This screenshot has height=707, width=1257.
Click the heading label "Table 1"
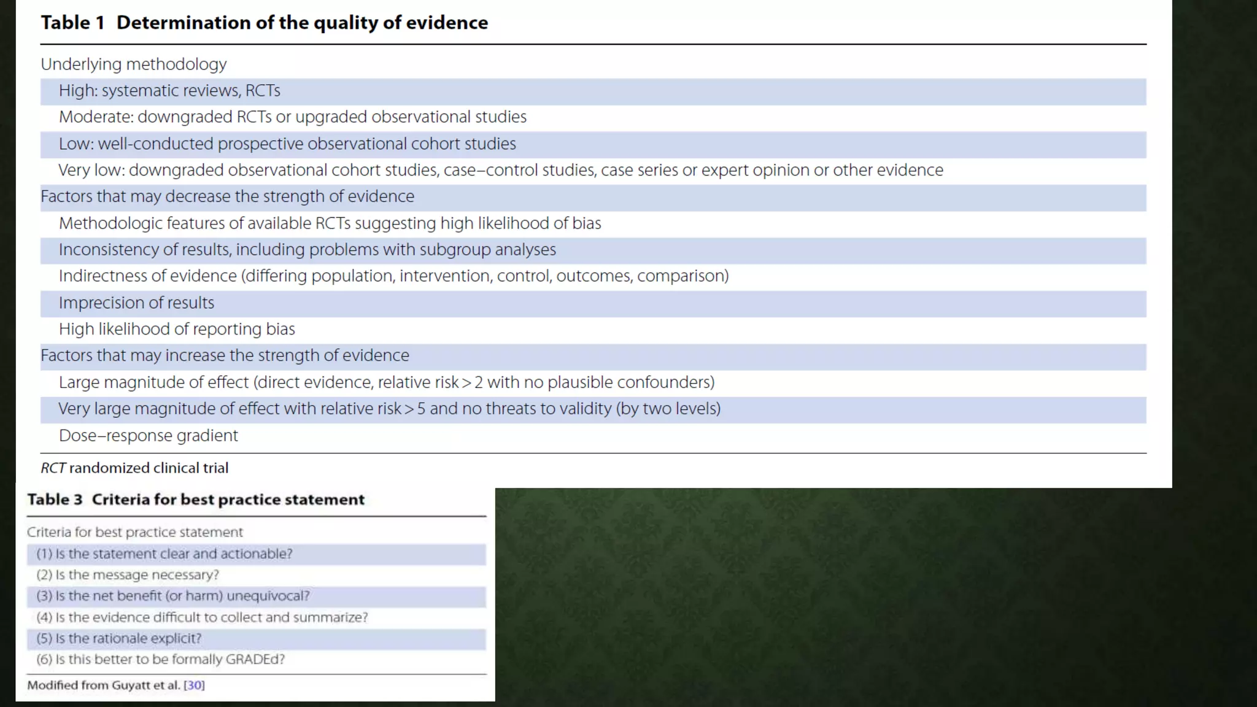(73, 23)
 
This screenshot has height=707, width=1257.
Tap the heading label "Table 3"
(55, 500)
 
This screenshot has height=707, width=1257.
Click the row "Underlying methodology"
(134, 64)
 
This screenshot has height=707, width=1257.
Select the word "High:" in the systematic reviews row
(79, 91)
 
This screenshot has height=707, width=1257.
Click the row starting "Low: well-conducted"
(287, 144)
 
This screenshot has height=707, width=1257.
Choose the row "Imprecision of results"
(136, 303)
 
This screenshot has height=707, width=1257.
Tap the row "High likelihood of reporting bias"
(177, 329)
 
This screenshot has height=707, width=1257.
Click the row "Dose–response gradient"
(149, 436)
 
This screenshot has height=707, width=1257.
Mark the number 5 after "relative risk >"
(421, 409)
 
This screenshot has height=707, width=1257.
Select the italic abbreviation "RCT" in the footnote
(53, 468)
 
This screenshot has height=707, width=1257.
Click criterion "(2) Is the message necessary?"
(128, 575)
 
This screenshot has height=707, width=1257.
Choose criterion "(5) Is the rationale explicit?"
(119, 638)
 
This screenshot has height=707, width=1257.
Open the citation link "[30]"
(194, 686)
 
